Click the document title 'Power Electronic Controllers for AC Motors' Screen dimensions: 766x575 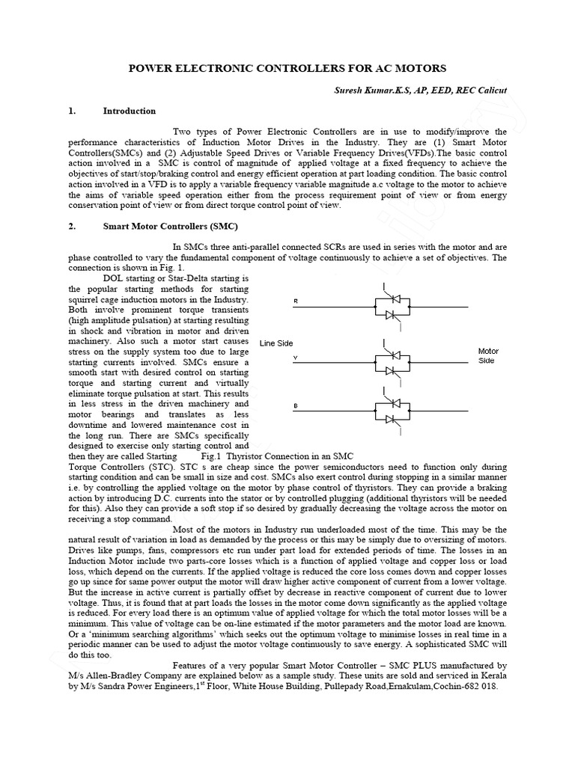[x=287, y=67]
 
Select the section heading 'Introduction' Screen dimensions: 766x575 [x=129, y=111]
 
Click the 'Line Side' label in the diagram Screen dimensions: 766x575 [x=276, y=343]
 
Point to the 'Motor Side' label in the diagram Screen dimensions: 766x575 [x=487, y=355]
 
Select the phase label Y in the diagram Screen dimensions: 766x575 [x=295, y=358]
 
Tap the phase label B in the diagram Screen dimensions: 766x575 [x=295, y=406]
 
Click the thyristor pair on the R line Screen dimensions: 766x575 [x=389, y=307]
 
